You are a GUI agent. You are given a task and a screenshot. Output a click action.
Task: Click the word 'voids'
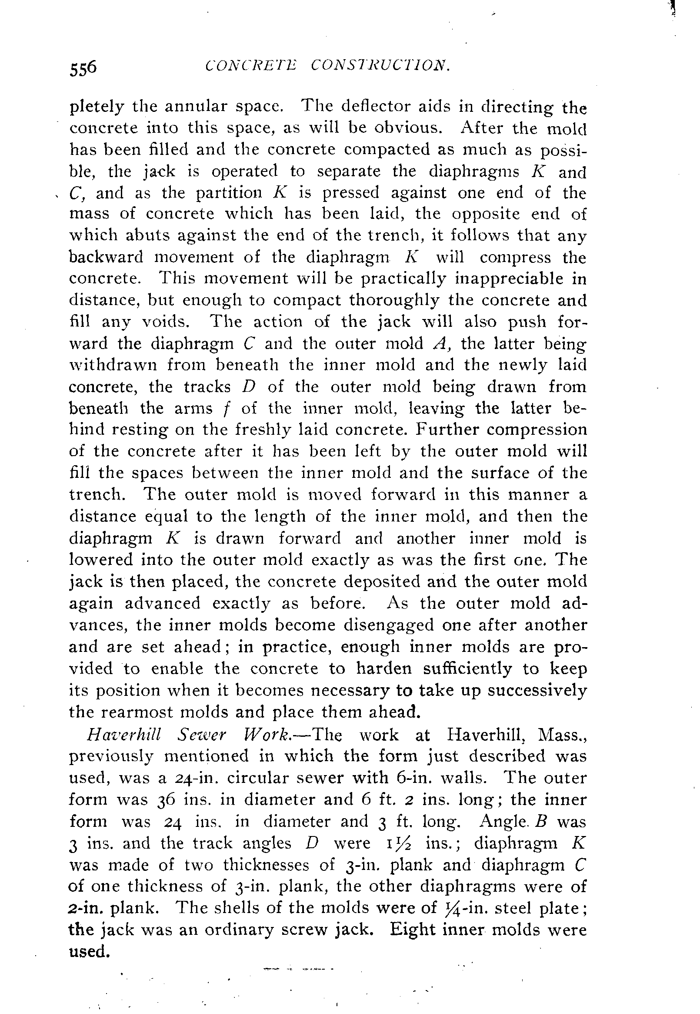click(x=165, y=322)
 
